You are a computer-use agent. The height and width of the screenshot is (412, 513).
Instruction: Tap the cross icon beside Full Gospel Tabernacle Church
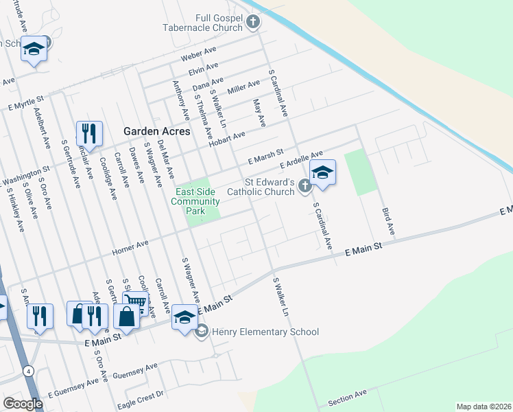coord(253,23)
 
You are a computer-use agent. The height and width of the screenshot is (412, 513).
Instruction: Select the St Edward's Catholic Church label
coord(261,188)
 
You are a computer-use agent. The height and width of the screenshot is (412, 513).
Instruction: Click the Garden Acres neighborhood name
coord(156,131)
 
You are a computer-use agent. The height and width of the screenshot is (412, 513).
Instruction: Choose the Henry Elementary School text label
coord(265,332)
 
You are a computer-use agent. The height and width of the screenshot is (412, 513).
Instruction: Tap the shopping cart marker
coord(136,301)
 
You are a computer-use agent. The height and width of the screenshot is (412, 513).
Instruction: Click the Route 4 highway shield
coord(28,371)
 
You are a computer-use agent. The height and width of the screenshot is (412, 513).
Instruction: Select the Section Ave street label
coord(347,396)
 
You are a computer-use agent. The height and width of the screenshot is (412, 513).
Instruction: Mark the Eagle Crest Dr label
coord(142,395)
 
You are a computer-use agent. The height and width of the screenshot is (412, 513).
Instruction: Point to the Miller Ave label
coord(243,88)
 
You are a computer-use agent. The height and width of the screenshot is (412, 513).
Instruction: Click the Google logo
coord(23,404)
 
